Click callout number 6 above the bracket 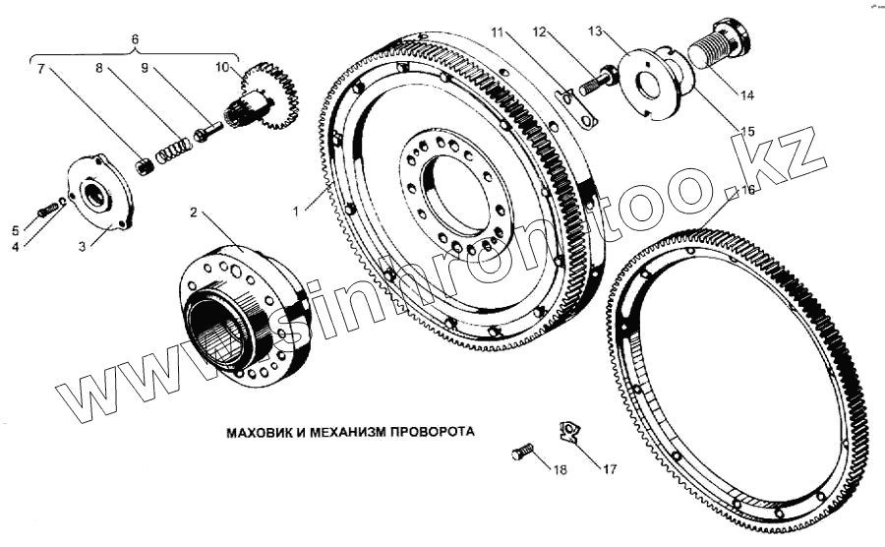click(135, 38)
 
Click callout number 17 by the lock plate click(610, 469)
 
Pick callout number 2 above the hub click(194, 212)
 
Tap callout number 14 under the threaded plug click(747, 95)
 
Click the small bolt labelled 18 click(522, 454)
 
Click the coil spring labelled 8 click(174, 148)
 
